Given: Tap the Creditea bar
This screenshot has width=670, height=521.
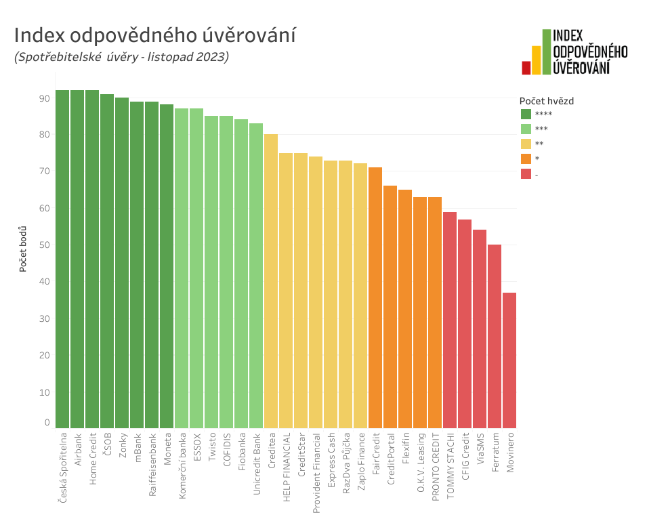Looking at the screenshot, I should click(271, 280).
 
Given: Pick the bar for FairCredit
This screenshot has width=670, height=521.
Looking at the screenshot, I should click(375, 297).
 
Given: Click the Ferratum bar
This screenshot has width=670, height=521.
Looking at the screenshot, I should click(495, 336).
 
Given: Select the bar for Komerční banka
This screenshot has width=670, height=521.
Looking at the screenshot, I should click(182, 268).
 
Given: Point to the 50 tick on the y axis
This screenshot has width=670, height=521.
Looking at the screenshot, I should click(45, 245).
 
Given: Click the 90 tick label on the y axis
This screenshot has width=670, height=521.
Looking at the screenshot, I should click(45, 98).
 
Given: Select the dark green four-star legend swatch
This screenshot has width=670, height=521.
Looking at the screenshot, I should click(526, 114).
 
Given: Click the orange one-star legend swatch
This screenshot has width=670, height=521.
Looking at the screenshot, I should click(526, 159).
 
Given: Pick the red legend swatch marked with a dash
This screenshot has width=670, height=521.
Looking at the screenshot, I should click(526, 174).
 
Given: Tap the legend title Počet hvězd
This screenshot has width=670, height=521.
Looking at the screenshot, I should click(547, 101).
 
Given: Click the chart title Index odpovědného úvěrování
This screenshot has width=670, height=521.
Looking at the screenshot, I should click(154, 35).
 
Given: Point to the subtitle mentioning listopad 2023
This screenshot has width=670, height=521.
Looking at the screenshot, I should click(121, 57).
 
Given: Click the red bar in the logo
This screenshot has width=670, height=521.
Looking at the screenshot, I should click(526, 67).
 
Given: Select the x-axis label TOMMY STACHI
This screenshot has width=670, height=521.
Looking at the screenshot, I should click(450, 464).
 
